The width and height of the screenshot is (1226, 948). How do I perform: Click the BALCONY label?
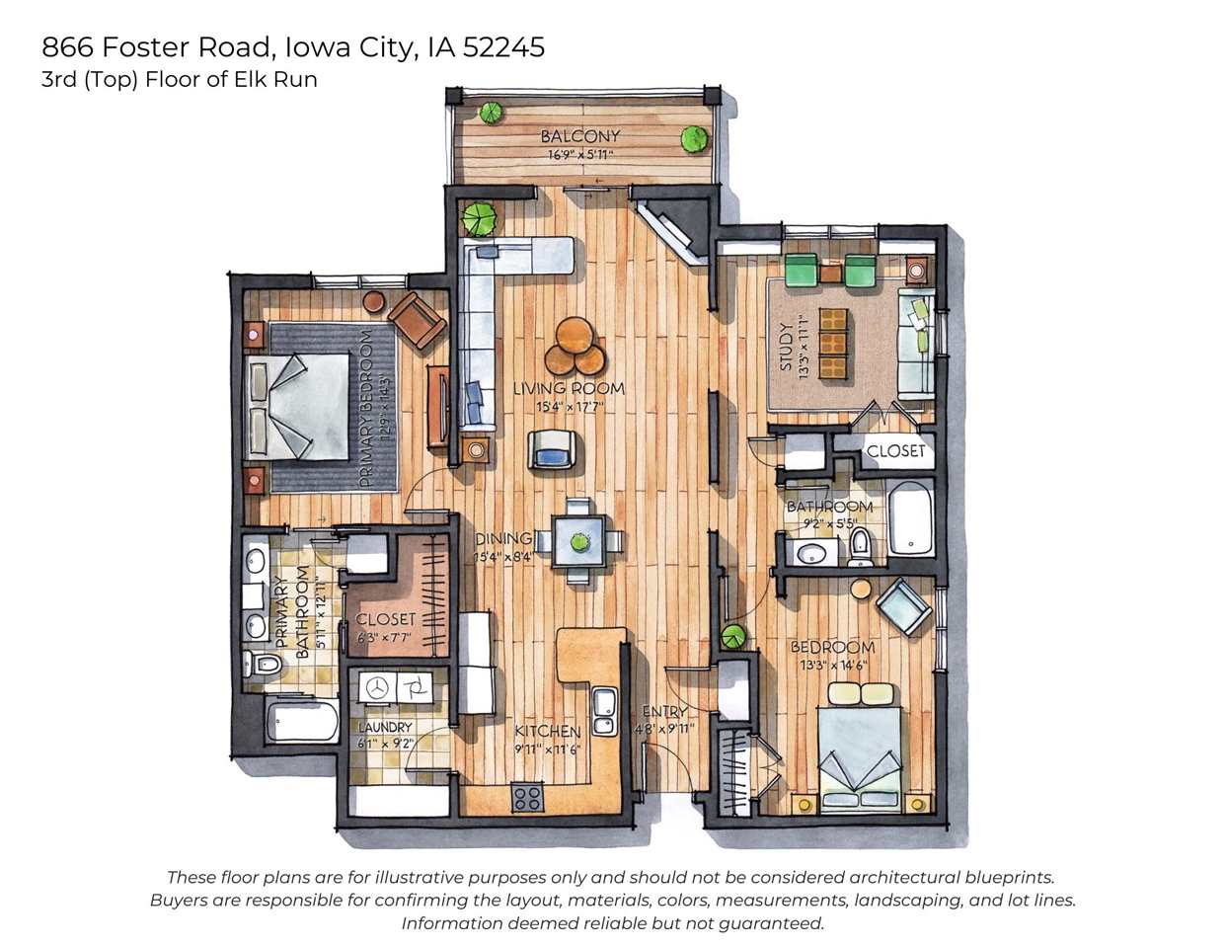click(x=580, y=136)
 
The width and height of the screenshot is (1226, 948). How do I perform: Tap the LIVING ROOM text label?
click(x=569, y=389)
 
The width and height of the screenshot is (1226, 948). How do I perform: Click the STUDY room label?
click(x=787, y=346)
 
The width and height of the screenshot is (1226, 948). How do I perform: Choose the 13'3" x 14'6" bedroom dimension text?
click(x=832, y=665)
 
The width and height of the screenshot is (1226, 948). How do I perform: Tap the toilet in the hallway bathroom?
click(x=861, y=545)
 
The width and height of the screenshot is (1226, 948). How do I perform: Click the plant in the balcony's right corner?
click(x=696, y=139)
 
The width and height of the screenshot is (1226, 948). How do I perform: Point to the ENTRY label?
click(x=664, y=712)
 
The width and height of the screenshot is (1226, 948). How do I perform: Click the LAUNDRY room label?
click(x=385, y=728)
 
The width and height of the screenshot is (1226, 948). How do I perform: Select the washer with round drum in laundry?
click(x=375, y=687)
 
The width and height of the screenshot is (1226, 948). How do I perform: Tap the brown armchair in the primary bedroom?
click(x=417, y=319)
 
